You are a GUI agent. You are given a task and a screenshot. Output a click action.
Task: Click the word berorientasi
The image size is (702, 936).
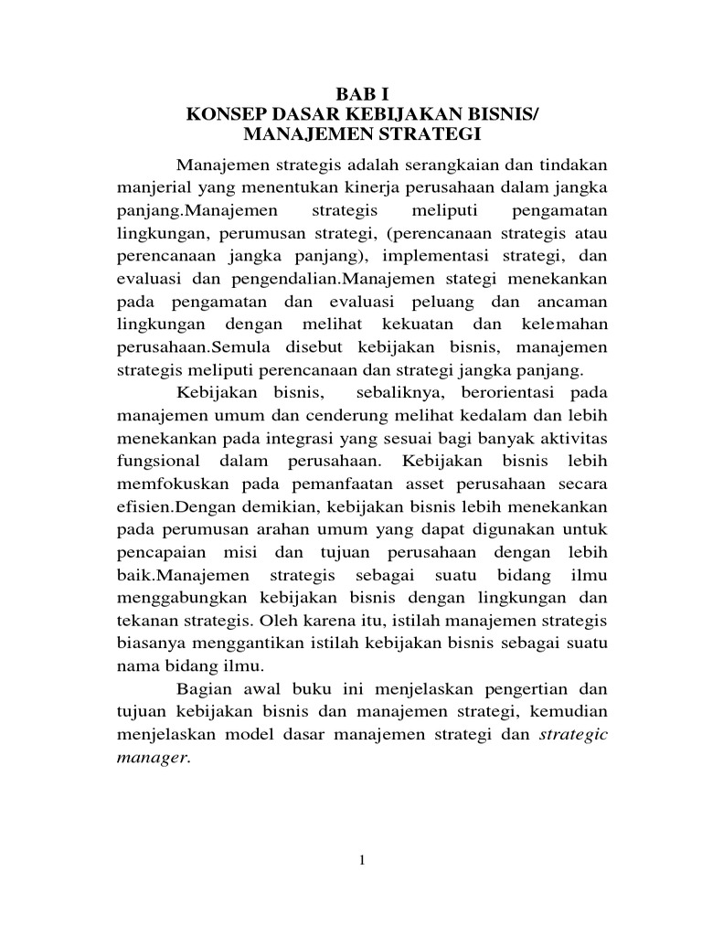[498, 392]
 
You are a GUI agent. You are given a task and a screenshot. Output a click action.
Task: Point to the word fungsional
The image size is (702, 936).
[160, 460]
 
